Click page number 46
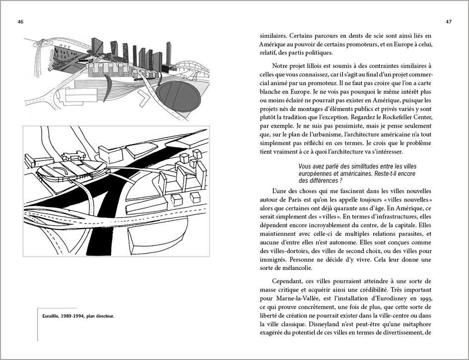(x=20, y=22)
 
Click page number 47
(x=448, y=22)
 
